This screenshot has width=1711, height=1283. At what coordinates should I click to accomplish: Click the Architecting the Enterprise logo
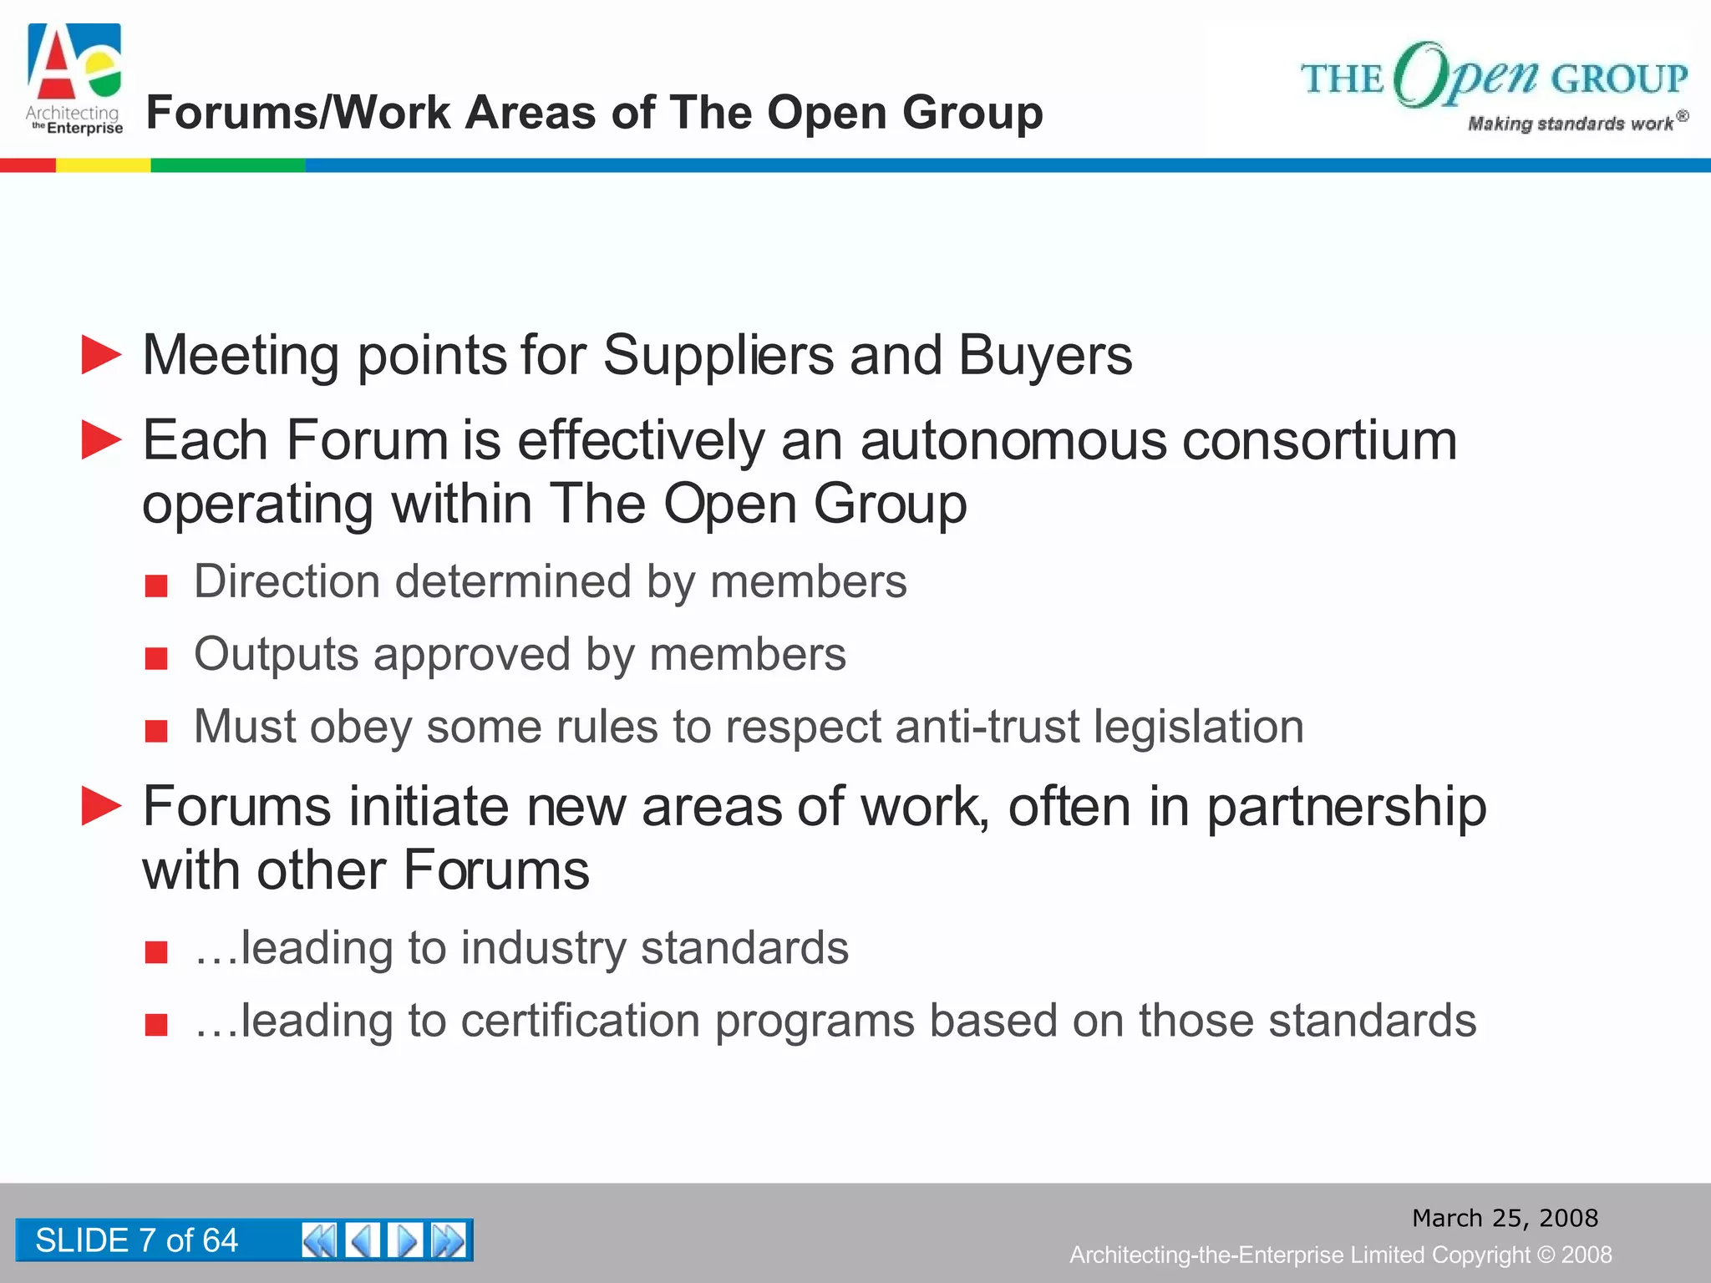(x=74, y=79)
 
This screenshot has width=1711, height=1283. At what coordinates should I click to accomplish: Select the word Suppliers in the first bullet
(x=718, y=356)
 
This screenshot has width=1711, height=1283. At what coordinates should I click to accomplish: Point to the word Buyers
(x=1045, y=356)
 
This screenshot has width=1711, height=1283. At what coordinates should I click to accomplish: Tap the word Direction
(x=287, y=581)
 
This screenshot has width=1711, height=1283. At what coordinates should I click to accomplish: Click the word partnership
(x=1346, y=808)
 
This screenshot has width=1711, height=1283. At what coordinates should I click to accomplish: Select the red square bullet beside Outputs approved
(x=156, y=658)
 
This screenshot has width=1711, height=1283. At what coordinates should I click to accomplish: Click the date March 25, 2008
(x=1505, y=1218)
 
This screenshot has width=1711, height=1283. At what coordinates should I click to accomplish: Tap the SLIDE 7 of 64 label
(x=137, y=1240)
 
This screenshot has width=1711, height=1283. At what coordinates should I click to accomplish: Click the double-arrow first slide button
(x=319, y=1240)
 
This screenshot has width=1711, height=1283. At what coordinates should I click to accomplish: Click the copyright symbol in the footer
(x=1546, y=1255)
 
